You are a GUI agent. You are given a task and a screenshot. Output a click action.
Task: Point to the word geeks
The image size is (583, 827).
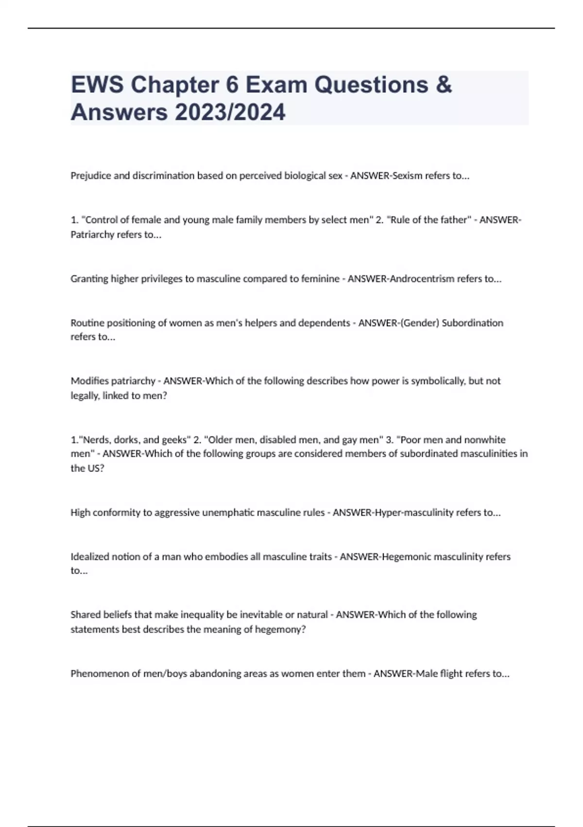point(174,440)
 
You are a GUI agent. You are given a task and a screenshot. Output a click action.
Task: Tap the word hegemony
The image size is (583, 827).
point(280,629)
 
